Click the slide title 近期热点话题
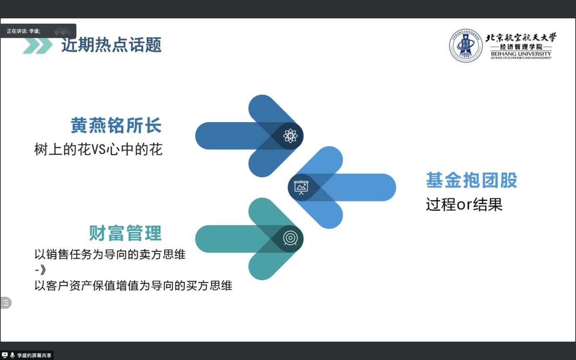(x=111, y=45)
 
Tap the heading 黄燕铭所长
(x=116, y=125)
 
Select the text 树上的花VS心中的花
(x=98, y=149)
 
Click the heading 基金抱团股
(x=472, y=180)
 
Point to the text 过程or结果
(x=464, y=205)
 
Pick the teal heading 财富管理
(x=125, y=233)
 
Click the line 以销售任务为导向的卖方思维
(x=110, y=255)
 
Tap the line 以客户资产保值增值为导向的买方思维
(x=133, y=286)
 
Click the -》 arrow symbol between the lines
(x=40, y=270)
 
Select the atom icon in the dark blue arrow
(x=290, y=136)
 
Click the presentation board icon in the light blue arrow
(x=301, y=187)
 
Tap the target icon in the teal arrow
(x=290, y=238)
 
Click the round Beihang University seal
(x=466, y=46)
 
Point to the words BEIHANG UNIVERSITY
(x=521, y=54)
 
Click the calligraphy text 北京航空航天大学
(x=521, y=38)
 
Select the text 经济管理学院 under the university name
(x=521, y=47)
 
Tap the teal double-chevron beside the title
(x=38, y=46)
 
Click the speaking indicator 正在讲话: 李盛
(x=24, y=31)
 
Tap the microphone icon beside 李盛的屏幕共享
(x=12, y=355)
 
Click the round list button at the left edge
(x=5, y=303)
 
